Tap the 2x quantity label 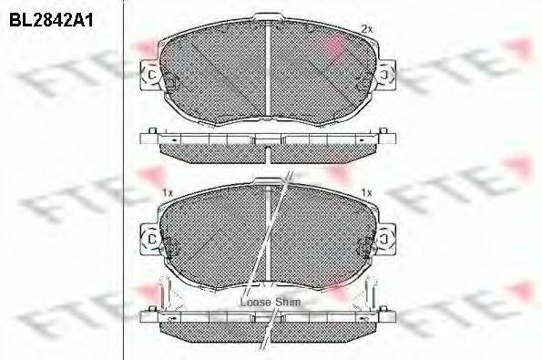(366, 29)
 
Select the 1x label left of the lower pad (166, 192)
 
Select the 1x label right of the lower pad (366, 192)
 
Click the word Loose (254, 300)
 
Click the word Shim (289, 300)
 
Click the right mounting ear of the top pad (388, 76)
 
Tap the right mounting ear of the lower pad (388, 239)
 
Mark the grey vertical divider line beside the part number (124, 182)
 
